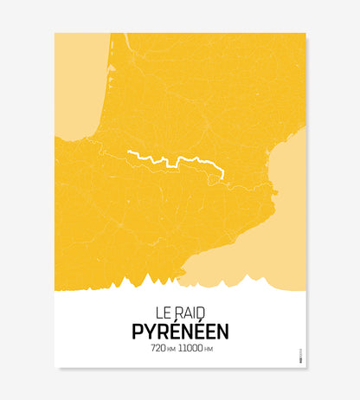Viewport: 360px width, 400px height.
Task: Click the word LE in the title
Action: [x=163, y=310]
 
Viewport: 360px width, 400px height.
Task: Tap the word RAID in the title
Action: [x=190, y=310]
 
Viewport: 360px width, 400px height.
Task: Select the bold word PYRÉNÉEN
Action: [x=180, y=331]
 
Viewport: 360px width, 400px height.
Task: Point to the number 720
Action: [x=158, y=348]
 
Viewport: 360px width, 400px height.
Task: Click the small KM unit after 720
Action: [x=171, y=349]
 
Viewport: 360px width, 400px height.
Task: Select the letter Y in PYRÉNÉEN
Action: [x=149, y=331]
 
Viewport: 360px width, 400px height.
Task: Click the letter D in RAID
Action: [x=202, y=310]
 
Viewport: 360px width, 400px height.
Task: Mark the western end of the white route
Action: [x=129, y=152]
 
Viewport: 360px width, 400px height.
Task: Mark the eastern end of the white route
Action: [x=222, y=177]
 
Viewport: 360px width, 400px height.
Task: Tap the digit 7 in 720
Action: [x=153, y=348]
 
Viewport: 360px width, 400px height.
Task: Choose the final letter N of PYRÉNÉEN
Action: [x=222, y=331]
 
